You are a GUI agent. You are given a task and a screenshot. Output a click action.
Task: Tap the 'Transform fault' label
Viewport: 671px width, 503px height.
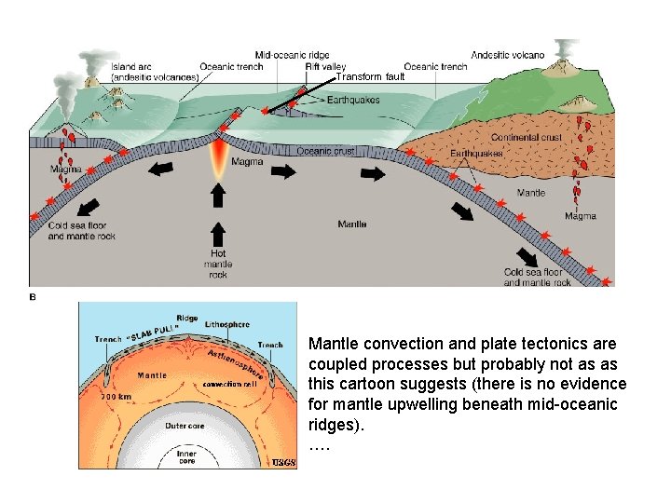(x=370, y=77)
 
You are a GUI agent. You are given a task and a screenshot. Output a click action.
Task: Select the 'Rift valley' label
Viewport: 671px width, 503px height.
(x=325, y=66)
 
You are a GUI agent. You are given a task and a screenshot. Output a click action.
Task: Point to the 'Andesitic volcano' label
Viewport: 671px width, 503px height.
(x=508, y=55)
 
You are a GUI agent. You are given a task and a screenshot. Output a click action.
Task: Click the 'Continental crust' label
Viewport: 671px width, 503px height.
(x=527, y=138)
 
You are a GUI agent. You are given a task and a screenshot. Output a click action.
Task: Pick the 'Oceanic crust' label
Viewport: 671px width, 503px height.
(x=325, y=151)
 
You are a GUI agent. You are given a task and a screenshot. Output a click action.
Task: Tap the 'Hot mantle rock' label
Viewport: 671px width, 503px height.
(x=217, y=264)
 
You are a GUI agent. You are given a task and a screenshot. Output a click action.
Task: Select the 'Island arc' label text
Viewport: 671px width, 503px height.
(x=130, y=66)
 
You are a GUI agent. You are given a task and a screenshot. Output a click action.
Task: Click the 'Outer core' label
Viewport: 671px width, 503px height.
(x=184, y=426)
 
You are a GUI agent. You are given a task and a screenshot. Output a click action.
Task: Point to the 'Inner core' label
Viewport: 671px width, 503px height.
(x=187, y=457)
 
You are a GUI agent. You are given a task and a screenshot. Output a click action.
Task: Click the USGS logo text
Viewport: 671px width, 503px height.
(x=283, y=461)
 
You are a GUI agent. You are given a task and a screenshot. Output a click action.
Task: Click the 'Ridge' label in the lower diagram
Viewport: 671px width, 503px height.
(x=186, y=318)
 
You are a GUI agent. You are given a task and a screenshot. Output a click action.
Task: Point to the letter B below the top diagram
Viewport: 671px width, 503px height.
(x=34, y=297)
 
